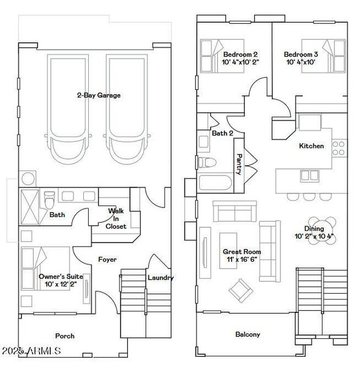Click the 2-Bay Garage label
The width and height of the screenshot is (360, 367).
(98, 95)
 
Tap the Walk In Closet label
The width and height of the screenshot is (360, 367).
(116, 218)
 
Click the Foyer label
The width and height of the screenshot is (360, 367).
(108, 260)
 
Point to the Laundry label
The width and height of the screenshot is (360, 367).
(160, 278)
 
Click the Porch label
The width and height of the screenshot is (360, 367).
(65, 336)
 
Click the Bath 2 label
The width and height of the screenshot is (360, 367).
(223, 133)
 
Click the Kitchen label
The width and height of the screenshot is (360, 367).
(311, 146)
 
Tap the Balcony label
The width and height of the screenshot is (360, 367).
(248, 335)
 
